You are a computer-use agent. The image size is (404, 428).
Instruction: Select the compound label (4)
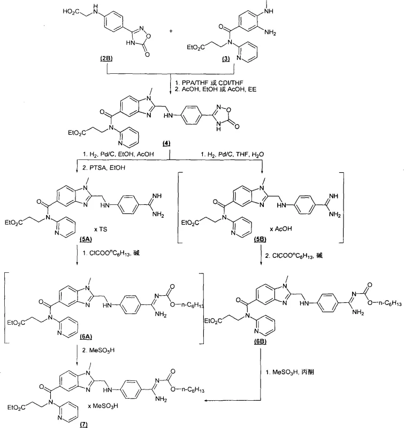click(x=170, y=146)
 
